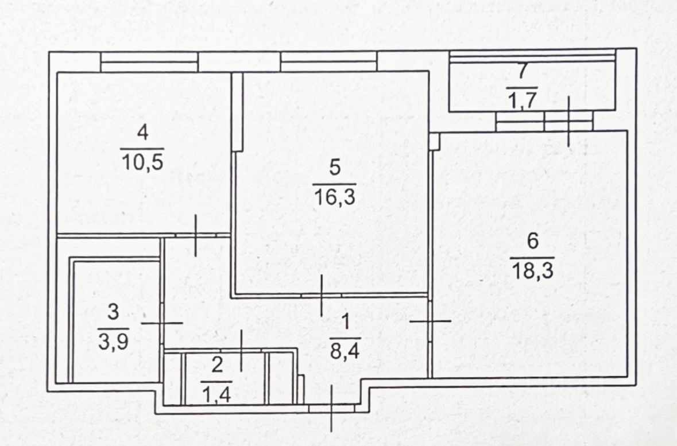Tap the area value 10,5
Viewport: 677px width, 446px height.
pyautogui.click(x=143, y=162)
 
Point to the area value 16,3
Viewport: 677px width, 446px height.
pyautogui.click(x=335, y=197)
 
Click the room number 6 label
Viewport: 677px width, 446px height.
pyautogui.click(x=532, y=242)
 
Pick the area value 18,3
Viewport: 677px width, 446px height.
pyautogui.click(x=532, y=270)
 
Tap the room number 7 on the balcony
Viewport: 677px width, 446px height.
pyautogui.click(x=521, y=71)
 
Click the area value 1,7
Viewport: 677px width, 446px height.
pyautogui.click(x=521, y=100)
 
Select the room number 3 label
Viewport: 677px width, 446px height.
pyautogui.click(x=113, y=313)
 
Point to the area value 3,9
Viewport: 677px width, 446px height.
pyautogui.click(x=113, y=342)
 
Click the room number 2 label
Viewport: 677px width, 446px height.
pyautogui.click(x=216, y=365)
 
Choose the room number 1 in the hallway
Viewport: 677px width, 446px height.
pyautogui.click(x=345, y=323)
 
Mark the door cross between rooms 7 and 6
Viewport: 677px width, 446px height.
pyautogui.click(x=568, y=121)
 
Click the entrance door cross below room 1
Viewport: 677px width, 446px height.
pyautogui.click(x=332, y=408)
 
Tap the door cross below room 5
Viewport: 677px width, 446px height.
pyautogui.click(x=321, y=296)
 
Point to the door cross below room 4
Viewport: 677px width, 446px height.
pyautogui.click(x=196, y=235)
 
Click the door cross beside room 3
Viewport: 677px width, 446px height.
pyautogui.click(x=162, y=323)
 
